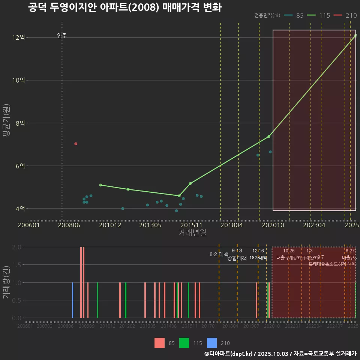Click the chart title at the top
[124, 7]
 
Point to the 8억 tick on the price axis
[19, 123]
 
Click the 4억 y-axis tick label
[19, 208]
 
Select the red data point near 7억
[76, 144]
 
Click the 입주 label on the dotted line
[62, 36]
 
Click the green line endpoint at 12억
[355, 35]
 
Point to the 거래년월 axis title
[192, 233]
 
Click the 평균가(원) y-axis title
[6, 123]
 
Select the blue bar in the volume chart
[72, 300]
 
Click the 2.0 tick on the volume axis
[16, 247]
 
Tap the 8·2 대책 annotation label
[218, 254]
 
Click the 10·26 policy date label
[289, 251]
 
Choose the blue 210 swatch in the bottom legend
[212, 343]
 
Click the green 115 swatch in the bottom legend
[184, 343]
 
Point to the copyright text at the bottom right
[280, 354]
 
